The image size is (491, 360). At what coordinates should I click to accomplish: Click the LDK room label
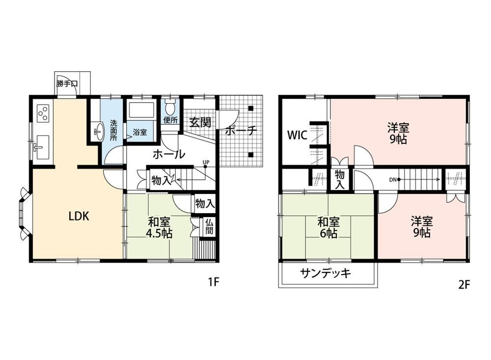(x=79, y=216)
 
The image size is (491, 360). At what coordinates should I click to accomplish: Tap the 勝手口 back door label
(x=67, y=83)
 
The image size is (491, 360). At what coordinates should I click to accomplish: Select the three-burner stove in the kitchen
(x=43, y=113)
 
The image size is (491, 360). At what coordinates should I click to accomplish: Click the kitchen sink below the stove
(x=42, y=147)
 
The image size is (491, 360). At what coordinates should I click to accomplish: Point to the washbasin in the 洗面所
(x=99, y=132)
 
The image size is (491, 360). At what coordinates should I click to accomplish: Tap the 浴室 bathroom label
(x=140, y=132)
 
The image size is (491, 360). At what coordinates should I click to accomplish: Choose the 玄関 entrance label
(x=200, y=122)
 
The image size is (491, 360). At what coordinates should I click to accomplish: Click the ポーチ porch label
(x=241, y=130)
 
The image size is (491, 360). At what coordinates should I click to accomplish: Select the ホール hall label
(x=169, y=154)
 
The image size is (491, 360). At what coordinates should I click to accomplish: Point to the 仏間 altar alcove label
(x=209, y=227)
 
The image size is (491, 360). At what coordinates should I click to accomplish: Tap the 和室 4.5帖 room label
(x=160, y=228)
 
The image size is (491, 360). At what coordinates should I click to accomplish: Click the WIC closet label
(x=298, y=136)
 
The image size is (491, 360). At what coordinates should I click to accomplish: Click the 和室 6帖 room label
(x=328, y=228)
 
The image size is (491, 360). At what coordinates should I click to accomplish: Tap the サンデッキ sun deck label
(x=326, y=274)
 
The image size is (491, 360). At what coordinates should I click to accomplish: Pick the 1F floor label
(x=214, y=282)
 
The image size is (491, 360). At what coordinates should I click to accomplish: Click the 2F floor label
(x=464, y=284)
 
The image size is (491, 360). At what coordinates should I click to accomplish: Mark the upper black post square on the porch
(x=250, y=109)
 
